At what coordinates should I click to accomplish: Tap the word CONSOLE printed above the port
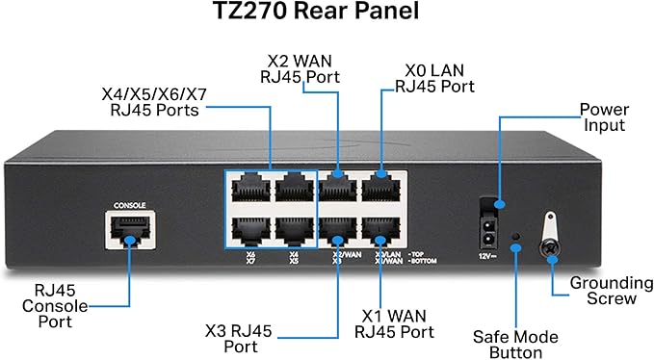130,205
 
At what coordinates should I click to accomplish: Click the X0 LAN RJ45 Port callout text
434,77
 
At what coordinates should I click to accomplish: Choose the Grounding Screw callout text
603,291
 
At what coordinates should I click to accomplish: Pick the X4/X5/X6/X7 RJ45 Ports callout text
150,103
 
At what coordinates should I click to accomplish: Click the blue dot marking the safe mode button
517,247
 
